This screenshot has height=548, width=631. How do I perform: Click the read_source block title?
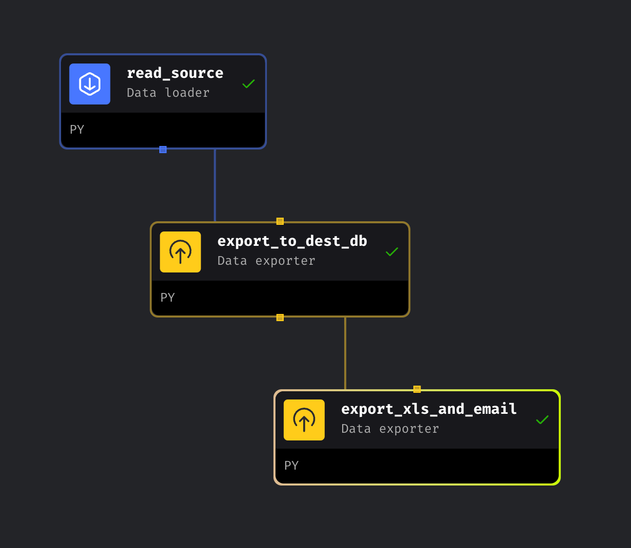click(175, 73)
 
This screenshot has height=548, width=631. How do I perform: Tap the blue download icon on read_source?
click(90, 84)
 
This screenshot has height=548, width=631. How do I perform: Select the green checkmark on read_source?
click(248, 83)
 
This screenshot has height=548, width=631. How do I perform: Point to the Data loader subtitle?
click(168, 93)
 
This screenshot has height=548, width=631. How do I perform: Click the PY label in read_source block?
click(77, 130)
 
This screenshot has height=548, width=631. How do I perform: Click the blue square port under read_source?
click(163, 150)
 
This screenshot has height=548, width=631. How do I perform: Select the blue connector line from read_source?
click(215, 184)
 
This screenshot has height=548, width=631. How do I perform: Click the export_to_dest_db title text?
click(292, 241)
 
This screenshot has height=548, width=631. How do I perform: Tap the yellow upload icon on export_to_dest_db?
click(180, 252)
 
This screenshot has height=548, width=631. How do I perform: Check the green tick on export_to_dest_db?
click(392, 251)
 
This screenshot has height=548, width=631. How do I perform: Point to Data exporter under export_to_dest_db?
click(266, 261)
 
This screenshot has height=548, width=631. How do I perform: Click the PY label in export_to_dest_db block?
click(167, 298)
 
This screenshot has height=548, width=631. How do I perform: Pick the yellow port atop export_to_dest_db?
click(280, 221)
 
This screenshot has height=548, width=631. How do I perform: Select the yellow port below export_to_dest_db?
click(280, 318)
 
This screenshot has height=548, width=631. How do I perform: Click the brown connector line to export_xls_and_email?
click(345, 353)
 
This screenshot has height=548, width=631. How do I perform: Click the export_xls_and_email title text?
click(429, 409)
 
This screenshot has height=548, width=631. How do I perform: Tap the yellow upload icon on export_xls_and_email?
click(304, 420)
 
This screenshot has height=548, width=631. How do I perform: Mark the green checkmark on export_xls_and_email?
click(542, 419)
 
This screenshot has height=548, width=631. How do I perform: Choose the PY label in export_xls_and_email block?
click(291, 466)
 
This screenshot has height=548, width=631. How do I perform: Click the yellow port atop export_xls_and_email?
click(417, 389)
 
